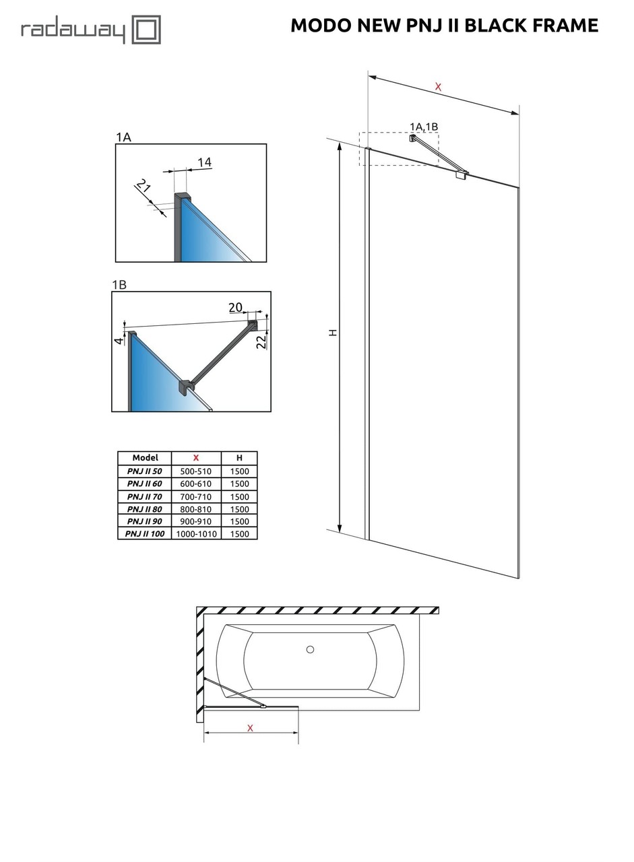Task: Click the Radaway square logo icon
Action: [x=146, y=30]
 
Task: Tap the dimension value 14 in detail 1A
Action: [x=204, y=162]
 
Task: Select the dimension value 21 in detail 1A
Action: [x=143, y=186]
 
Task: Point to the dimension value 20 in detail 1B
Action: [x=235, y=308]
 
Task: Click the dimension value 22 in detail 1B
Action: [x=261, y=341]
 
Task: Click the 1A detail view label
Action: [x=123, y=137]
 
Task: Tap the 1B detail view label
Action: [x=119, y=285]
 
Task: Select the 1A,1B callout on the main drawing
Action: [x=424, y=127]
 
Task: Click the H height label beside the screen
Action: [x=333, y=333]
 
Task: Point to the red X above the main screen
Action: [x=439, y=86]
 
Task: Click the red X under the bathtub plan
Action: [x=250, y=728]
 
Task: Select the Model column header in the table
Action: [x=145, y=458]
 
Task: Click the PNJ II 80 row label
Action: [x=145, y=509]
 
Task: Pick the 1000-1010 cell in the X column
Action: [x=196, y=534]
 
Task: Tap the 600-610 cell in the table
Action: [x=196, y=484]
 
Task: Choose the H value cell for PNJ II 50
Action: [x=239, y=471]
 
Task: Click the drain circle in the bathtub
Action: [x=310, y=649]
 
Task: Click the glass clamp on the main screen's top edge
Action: [x=462, y=174]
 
